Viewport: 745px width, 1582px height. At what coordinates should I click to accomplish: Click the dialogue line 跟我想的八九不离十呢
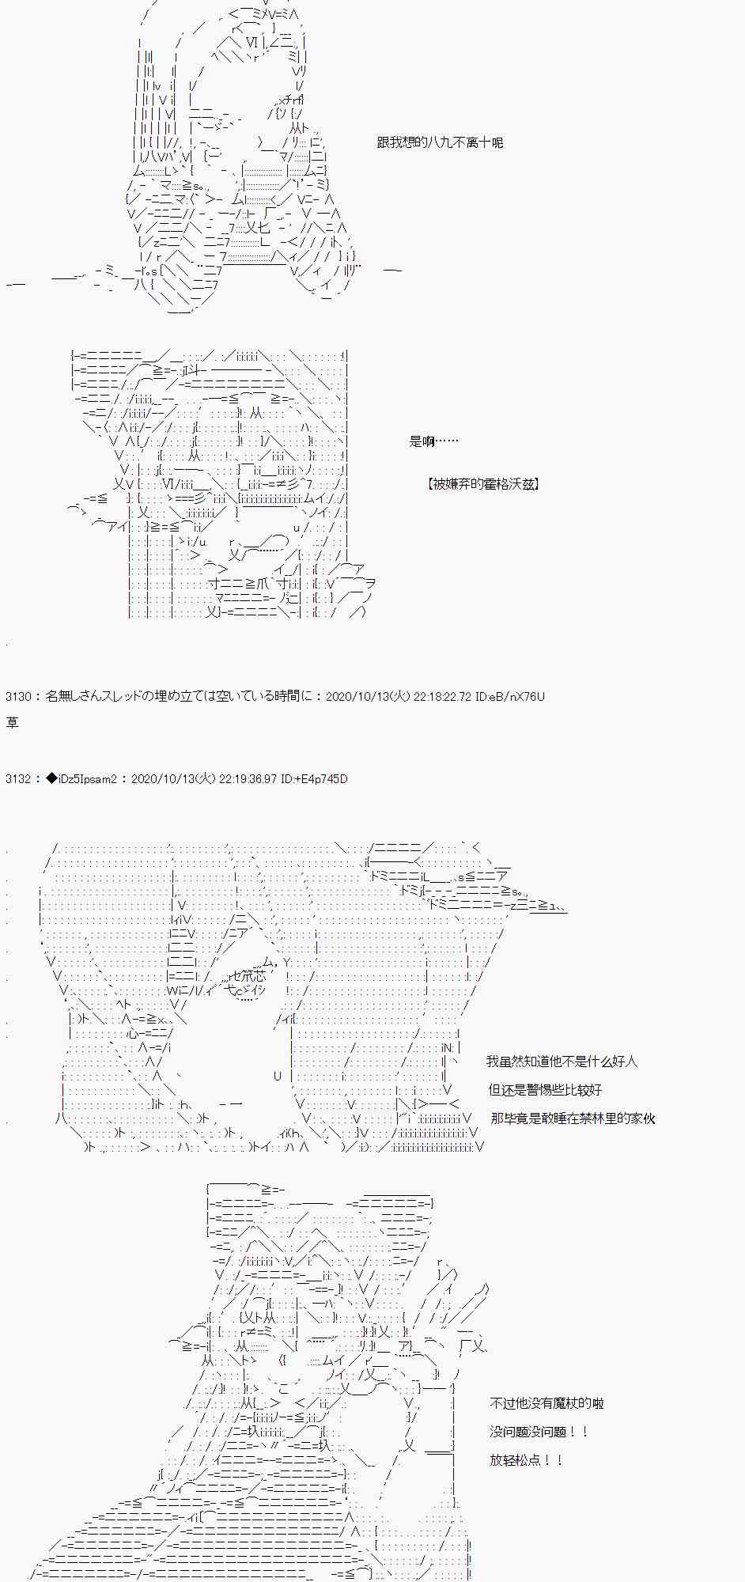[440, 143]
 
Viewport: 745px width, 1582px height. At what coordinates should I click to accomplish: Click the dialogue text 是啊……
[433, 441]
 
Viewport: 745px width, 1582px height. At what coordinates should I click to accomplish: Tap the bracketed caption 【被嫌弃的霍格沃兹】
[483, 484]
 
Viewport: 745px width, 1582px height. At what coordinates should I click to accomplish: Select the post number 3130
[18, 697]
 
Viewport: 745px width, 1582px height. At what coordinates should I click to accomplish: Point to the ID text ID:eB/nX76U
[510, 697]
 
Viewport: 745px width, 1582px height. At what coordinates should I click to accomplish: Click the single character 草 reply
[12, 722]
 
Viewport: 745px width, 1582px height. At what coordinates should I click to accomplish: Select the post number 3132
[18, 779]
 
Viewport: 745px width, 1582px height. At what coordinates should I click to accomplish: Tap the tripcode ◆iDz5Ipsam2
[82, 779]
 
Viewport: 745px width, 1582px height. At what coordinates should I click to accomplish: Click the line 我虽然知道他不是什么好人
[562, 1062]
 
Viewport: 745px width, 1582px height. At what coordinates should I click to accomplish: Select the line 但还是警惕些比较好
[545, 1090]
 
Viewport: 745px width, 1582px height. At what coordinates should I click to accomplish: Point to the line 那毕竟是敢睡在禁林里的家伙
[573, 1118]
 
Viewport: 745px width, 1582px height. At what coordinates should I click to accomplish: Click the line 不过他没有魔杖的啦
[546, 1403]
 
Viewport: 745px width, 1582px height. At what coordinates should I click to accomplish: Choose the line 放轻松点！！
[525, 1460]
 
